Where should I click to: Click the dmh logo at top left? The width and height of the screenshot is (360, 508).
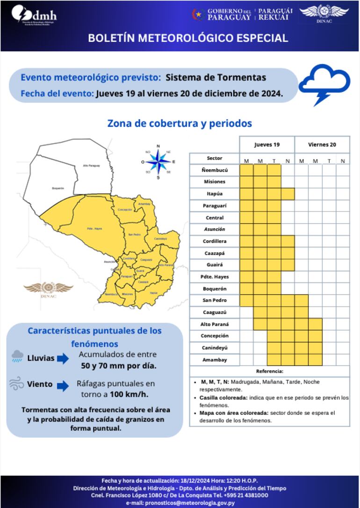(34, 15)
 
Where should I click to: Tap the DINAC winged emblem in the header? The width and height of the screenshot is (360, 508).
(324, 13)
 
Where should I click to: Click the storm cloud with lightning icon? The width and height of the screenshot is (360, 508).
(324, 85)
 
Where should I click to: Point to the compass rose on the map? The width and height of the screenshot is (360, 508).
(158, 162)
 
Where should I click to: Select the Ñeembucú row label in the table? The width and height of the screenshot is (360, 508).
(214, 170)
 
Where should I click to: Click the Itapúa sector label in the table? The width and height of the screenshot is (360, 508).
(214, 194)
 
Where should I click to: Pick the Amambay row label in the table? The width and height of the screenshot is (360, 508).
(214, 360)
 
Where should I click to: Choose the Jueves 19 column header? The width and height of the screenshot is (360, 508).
(267, 145)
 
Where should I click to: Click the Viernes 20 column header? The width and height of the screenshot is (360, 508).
(322, 145)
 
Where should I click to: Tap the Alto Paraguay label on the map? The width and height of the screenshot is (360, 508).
(92, 166)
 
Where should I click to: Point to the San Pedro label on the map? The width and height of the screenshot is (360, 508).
(134, 234)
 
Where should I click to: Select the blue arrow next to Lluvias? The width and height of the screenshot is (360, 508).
(63, 359)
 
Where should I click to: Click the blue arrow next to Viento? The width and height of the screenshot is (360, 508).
(63, 385)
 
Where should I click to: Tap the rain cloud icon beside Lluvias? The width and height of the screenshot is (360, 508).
(17, 357)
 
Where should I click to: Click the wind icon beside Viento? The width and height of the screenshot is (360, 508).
(17, 384)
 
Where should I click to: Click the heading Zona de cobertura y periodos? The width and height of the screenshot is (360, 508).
(180, 123)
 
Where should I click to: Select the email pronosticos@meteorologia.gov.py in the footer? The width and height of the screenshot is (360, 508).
(180, 503)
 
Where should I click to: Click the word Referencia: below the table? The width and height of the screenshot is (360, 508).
(269, 371)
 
